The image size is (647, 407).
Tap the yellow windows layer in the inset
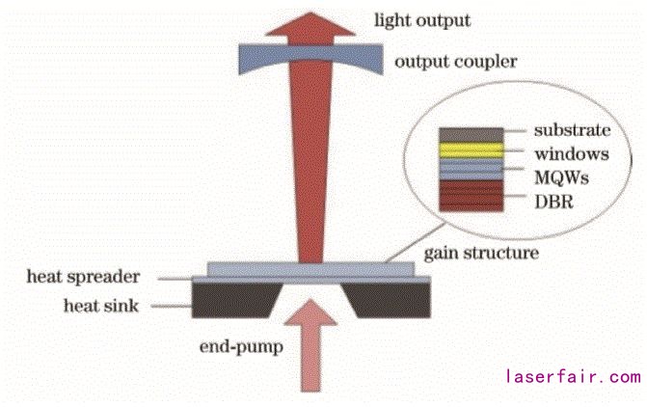(x=472, y=149)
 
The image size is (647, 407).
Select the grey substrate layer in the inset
(x=472, y=134)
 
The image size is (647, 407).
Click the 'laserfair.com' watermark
(x=573, y=376)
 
